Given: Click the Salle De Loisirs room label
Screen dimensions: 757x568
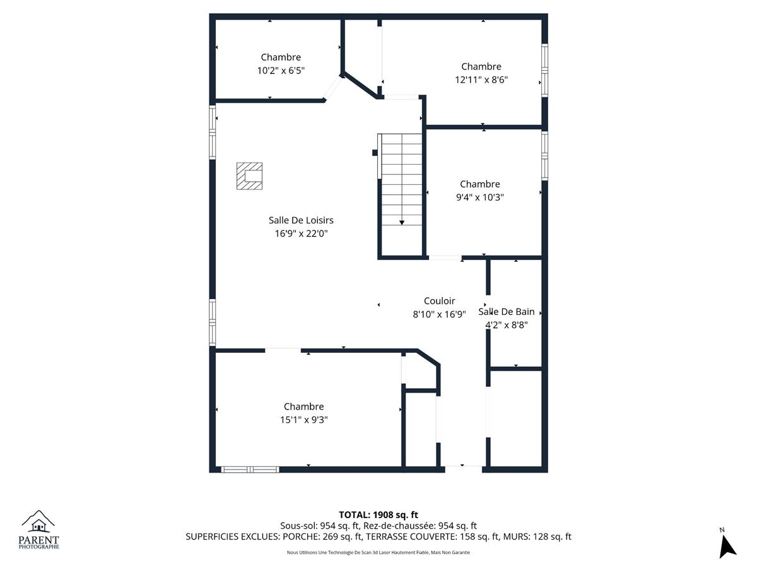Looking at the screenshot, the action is point(301,220).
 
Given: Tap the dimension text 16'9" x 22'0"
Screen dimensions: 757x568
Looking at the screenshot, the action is point(301,234).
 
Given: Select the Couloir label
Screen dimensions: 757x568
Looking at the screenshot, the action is point(439,301).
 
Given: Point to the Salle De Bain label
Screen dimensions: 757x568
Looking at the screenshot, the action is point(506,311).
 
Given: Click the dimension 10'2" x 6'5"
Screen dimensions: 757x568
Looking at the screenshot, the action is point(281,70).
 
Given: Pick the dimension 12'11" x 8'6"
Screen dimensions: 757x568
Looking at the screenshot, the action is point(481,80).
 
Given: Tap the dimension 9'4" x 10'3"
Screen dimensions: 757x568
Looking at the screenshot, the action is point(479,198).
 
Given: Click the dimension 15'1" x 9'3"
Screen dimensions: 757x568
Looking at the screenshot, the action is point(303,420).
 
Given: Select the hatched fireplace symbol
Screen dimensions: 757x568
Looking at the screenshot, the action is point(249,176).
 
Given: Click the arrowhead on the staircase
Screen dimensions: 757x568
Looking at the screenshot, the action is point(401,223).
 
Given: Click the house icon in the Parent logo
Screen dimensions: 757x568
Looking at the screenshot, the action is point(38,526).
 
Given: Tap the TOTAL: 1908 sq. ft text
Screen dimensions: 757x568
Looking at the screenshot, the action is point(378,515).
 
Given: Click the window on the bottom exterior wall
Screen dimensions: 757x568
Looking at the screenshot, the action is point(250,470).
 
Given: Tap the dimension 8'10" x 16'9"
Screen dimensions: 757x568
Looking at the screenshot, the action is point(439,314).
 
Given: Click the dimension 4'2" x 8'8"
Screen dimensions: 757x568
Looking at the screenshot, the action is point(506,325).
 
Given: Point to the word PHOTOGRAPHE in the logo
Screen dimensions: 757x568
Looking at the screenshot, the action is point(38,547).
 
